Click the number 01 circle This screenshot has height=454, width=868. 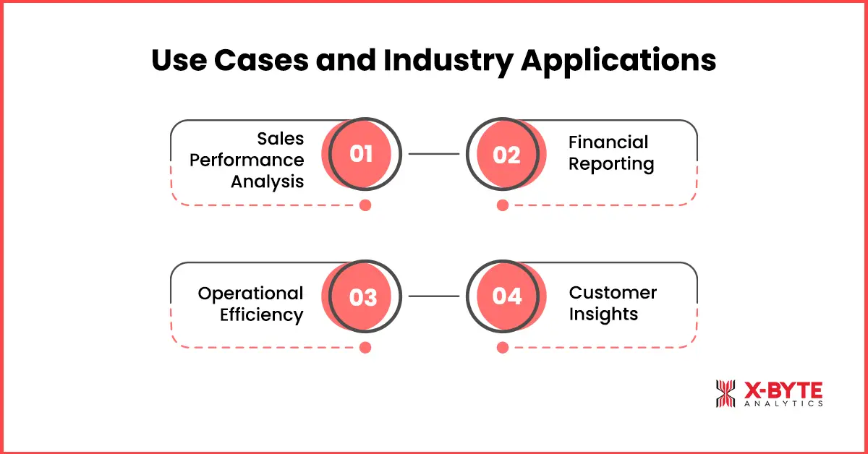361,154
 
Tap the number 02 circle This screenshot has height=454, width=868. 506,154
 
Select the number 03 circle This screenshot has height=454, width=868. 361,296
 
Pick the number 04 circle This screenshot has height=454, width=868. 506,296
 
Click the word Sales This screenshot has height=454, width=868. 281,139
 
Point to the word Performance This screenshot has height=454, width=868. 247,160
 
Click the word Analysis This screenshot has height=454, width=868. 267,181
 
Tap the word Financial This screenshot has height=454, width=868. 608,142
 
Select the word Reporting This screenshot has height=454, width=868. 611,164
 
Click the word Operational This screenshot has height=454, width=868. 250,293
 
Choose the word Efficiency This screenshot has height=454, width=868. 261,314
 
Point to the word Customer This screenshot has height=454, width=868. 613,293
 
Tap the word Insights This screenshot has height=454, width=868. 603,314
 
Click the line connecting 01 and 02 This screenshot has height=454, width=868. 434,154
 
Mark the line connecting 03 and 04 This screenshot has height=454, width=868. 434,296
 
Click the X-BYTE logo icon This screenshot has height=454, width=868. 725,394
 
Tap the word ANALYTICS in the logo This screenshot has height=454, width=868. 783,403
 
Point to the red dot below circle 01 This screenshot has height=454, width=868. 365,205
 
